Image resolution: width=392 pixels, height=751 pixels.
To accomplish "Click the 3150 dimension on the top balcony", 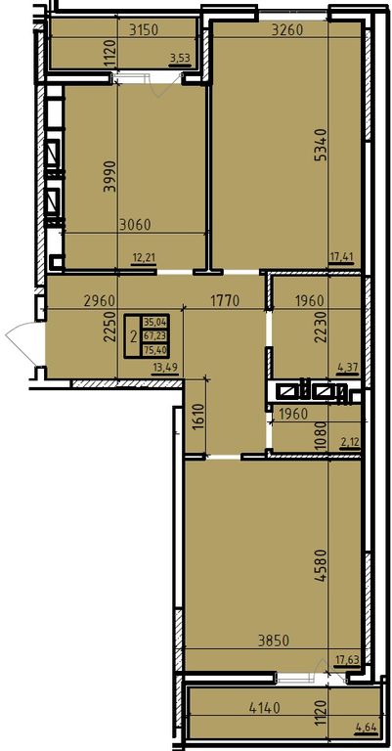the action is [144, 29].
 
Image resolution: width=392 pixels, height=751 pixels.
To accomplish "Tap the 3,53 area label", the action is [181, 59].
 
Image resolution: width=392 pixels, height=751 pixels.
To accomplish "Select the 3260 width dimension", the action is [287, 29].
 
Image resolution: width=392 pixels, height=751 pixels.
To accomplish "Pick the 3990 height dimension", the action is [110, 176].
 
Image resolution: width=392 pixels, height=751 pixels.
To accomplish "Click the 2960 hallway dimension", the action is [99, 301].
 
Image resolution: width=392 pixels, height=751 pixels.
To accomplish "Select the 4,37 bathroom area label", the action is [348, 368].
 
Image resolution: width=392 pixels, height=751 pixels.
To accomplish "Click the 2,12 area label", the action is [349, 442].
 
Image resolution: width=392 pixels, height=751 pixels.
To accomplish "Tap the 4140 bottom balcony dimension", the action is [264, 706].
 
